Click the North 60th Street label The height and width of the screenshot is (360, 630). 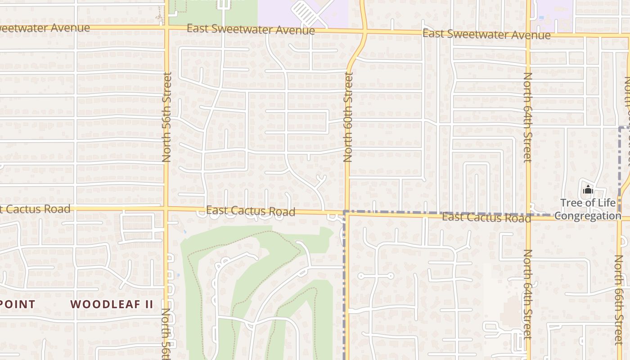click(348, 117)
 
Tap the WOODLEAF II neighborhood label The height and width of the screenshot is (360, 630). click(112, 304)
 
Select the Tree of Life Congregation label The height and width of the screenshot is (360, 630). click(588, 209)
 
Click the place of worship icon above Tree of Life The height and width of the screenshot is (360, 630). click(588, 191)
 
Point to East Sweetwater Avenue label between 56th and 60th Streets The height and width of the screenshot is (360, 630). click(251, 30)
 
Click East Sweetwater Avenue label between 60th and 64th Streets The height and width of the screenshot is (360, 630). click(486, 34)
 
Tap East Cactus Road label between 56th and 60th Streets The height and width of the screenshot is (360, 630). click(251, 211)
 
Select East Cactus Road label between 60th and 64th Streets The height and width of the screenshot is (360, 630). click(486, 218)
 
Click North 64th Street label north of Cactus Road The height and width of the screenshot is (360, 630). click(528, 117)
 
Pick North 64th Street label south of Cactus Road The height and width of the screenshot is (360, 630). click(528, 295)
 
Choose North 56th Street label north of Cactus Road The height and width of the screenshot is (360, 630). click(167, 117)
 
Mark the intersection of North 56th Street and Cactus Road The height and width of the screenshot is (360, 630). click(166, 209)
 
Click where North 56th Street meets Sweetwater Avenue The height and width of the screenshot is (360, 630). click(166, 28)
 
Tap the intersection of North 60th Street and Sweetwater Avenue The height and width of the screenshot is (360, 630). click(364, 31)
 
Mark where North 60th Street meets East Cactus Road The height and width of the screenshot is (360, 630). click(347, 213)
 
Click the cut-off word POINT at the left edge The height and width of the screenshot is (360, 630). click(18, 304)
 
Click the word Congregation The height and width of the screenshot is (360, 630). click(588, 216)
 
